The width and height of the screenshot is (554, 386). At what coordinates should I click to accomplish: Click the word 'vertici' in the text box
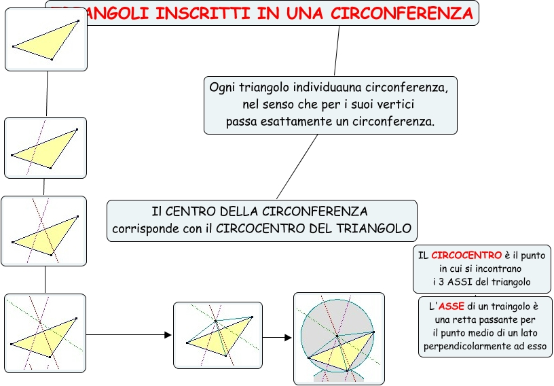click(x=395, y=105)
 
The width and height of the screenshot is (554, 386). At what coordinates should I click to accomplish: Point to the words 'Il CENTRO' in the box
click(x=177, y=211)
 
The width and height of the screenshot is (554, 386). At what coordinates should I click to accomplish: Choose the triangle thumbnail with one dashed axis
click(x=45, y=147)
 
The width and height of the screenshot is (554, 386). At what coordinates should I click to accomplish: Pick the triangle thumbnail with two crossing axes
click(x=44, y=231)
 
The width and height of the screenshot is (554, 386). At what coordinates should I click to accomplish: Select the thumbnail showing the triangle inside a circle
click(x=339, y=338)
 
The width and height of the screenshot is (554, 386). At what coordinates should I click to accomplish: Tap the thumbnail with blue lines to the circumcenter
click(x=217, y=334)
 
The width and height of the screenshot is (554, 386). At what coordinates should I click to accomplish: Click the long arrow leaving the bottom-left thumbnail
click(x=129, y=334)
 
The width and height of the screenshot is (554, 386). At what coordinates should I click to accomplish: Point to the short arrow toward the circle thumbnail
click(x=278, y=337)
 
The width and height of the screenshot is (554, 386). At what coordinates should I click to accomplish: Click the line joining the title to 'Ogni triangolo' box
click(x=337, y=50)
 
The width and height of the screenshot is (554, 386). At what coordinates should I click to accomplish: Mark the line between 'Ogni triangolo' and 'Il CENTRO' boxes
click(x=297, y=166)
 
